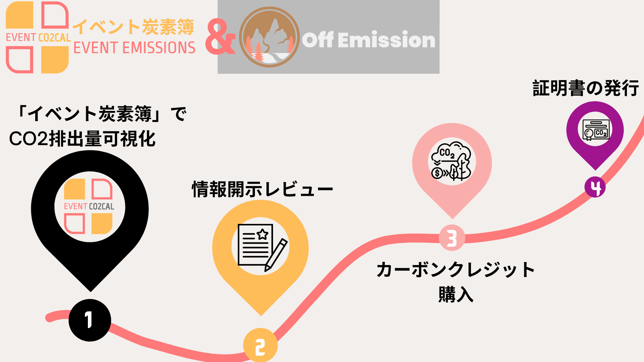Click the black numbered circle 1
(90, 320)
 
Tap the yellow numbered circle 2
(260, 346)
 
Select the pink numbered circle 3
(452, 238)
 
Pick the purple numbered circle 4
(595, 187)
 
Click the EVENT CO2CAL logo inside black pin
(89, 206)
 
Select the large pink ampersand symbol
(220, 37)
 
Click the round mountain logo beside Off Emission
(269, 37)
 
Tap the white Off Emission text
(368, 40)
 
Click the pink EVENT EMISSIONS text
(134, 48)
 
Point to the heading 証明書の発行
(585, 88)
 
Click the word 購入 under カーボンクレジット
(455, 294)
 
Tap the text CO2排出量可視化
(83, 139)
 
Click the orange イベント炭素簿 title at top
(133, 27)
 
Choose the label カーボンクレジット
(455, 270)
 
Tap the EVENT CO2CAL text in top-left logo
(38, 38)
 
